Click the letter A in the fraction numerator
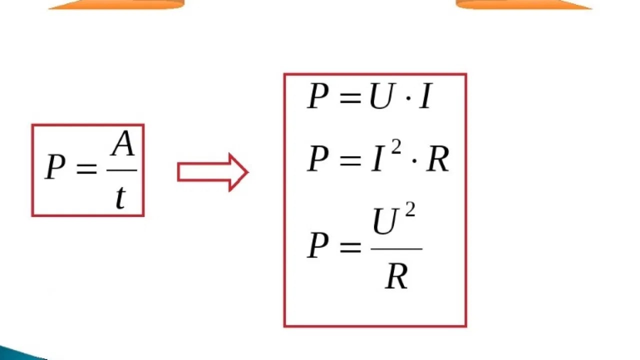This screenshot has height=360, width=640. coord(122,143)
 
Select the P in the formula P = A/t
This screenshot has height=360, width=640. coord(54,166)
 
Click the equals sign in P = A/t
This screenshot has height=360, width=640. coord(87,169)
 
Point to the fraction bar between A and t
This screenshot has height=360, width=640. coord(121,170)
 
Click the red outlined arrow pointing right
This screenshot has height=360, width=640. coord(213,172)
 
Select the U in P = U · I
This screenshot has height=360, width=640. coord(381,96)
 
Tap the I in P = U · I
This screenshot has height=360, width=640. coord(425,96)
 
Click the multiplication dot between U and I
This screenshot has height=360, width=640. coord(408,98)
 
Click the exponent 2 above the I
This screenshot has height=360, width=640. coord(396,148)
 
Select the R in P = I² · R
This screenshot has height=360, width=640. coord(437,158)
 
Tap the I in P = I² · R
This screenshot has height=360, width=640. coord(377,158)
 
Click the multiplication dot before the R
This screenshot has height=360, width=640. coord(414,161)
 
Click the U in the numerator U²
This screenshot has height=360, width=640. coord(385,221)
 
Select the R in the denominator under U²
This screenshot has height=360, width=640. coord(396,276)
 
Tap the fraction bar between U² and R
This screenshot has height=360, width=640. coord(396,249)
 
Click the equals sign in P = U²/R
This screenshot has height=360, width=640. coord(350,247)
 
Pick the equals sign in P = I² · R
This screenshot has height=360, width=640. coord(350,161)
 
